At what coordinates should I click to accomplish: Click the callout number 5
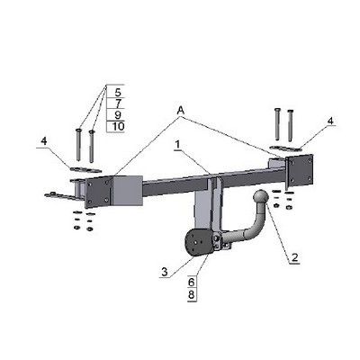pyautogui.click(x=118, y=92)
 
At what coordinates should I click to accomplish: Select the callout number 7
pyautogui.click(x=118, y=103)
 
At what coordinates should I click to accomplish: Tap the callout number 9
pyautogui.click(x=118, y=115)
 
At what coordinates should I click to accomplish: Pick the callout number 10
pyautogui.click(x=118, y=126)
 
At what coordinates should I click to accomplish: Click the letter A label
pyautogui.click(x=181, y=111)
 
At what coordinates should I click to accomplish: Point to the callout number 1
pyautogui.click(x=178, y=145)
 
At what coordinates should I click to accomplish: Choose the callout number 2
pyautogui.click(x=294, y=257)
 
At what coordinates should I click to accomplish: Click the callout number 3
pyautogui.click(x=165, y=272)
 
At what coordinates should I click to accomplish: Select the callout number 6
pyautogui.click(x=192, y=283)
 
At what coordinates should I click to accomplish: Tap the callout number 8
pyautogui.click(x=192, y=294)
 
